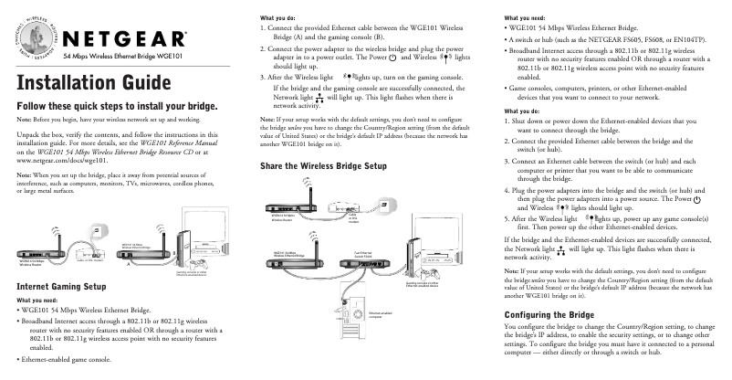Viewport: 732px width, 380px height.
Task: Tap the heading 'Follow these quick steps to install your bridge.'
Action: tap(118, 106)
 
